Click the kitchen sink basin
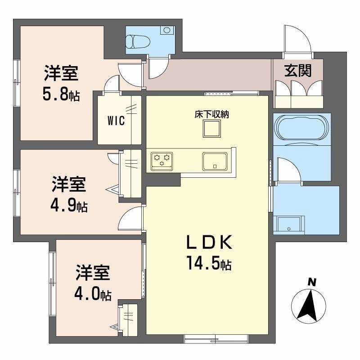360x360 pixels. click(215, 160)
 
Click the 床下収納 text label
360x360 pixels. click(211, 114)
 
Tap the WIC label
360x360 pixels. click(116, 121)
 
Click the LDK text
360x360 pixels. click(209, 243)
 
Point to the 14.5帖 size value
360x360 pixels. click(209, 264)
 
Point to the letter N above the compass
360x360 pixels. click(310, 282)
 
